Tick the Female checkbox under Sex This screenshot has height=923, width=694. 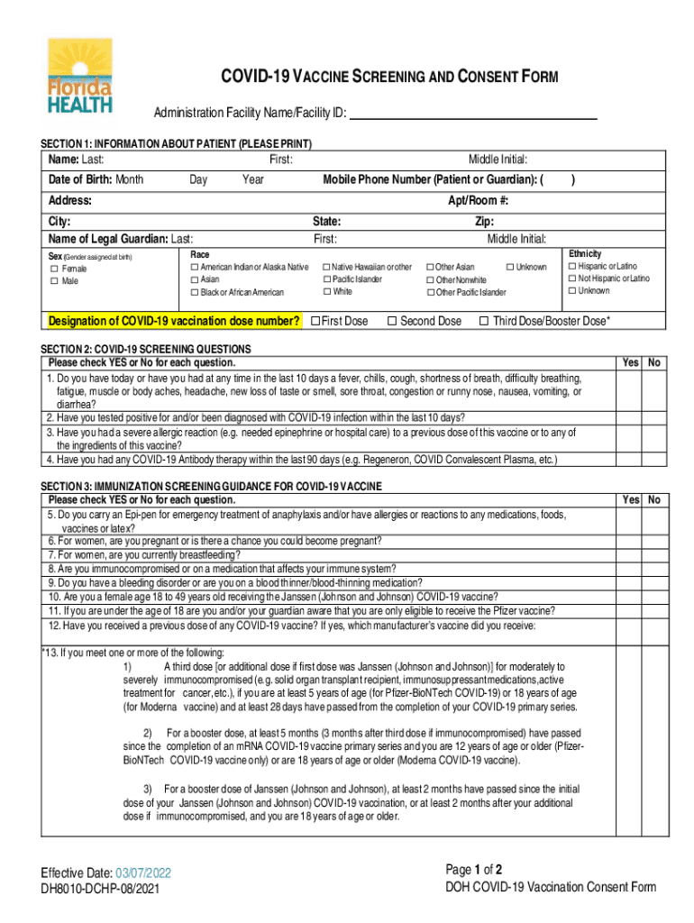point(54,269)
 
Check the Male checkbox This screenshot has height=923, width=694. point(54,281)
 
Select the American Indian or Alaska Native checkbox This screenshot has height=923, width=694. point(194,267)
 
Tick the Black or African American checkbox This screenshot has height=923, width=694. point(194,292)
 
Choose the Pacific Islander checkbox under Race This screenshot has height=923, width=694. point(325,279)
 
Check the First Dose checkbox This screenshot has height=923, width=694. point(315,321)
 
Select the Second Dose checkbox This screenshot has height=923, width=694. point(392,321)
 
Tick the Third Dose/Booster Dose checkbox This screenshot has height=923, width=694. point(484,321)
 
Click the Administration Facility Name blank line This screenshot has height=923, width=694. point(473,114)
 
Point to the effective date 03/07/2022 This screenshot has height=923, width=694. point(142,873)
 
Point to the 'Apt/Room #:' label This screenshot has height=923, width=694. point(479,200)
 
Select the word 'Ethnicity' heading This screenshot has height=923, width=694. point(585,254)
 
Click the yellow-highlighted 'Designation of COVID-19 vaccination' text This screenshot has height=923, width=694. point(174,322)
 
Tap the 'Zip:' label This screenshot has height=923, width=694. point(484,221)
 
